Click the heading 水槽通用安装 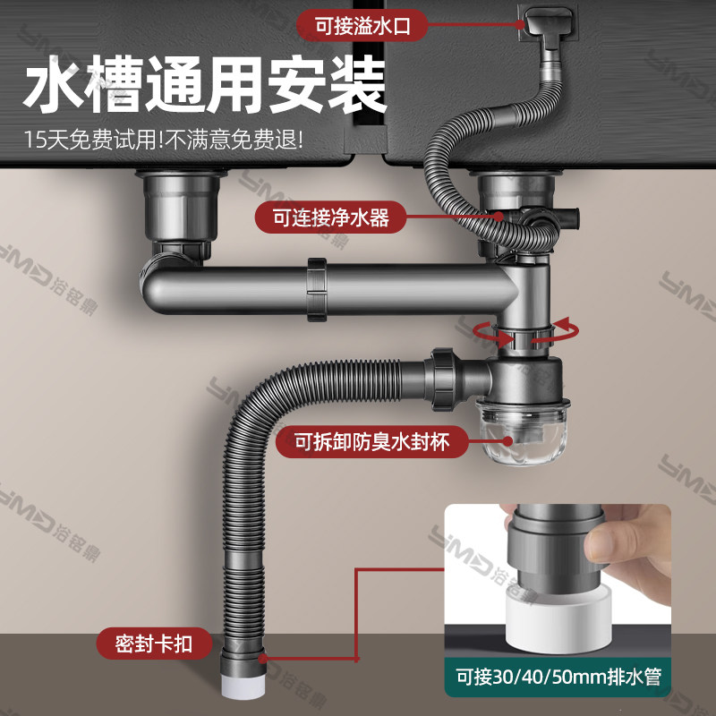[x=206, y=87]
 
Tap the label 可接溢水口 [x=362, y=26]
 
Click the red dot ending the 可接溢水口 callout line [x=521, y=26]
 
